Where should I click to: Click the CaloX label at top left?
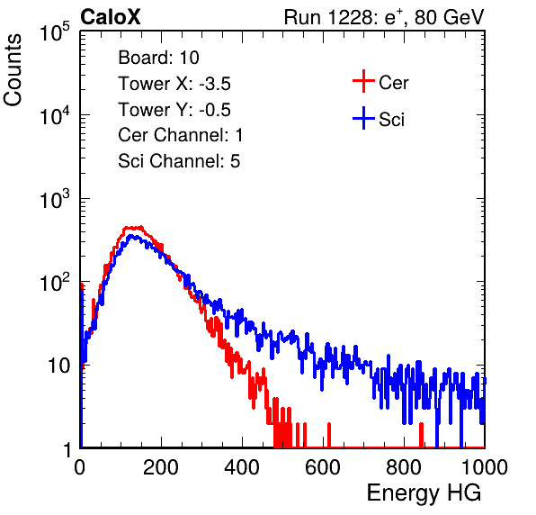click(x=110, y=17)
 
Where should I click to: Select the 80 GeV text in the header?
click(x=449, y=17)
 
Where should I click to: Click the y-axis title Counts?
click(x=13, y=70)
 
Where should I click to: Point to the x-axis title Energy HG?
click(x=424, y=493)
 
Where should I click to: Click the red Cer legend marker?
click(x=363, y=81)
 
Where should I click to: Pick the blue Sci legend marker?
click(x=363, y=118)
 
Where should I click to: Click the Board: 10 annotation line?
click(x=158, y=58)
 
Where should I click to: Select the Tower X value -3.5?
click(x=215, y=84)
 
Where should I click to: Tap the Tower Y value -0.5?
click(x=215, y=110)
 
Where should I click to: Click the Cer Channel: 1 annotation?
click(x=181, y=135)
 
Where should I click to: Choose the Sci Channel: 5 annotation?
click(x=179, y=161)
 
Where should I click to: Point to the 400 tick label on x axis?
click(x=242, y=467)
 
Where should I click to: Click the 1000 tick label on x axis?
click(x=485, y=467)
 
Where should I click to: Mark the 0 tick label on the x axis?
click(x=80, y=467)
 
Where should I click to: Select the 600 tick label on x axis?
click(x=323, y=467)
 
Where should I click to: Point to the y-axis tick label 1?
click(x=67, y=449)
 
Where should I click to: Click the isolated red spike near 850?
click(x=421, y=435)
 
